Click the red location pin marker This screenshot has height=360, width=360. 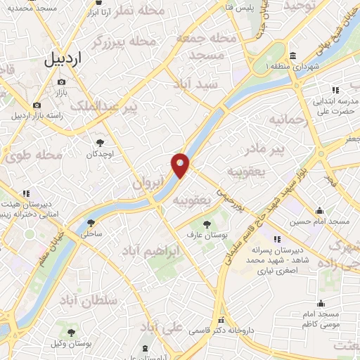[180, 165]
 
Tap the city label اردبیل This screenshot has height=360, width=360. [73, 59]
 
